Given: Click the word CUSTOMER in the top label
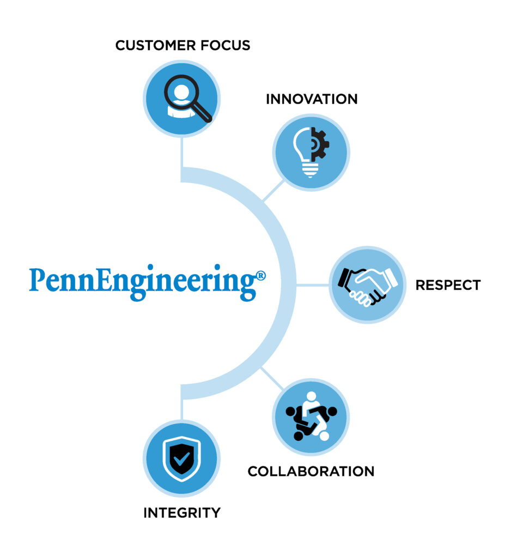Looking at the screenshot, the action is (155, 46).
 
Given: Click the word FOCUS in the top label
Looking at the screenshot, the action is (225, 46).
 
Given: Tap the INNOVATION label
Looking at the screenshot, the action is (312, 99).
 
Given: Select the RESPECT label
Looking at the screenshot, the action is (448, 285).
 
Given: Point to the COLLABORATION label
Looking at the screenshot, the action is (311, 471).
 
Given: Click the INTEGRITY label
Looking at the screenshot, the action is (182, 513).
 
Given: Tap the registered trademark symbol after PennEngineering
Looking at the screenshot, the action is (261, 276).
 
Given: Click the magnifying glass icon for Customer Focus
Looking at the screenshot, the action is (187, 98).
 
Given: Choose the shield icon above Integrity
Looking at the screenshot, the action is (181, 459).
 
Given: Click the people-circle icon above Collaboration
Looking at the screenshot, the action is (311, 416).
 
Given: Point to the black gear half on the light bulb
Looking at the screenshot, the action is (320, 144).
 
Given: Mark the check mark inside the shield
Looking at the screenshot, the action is (181, 458).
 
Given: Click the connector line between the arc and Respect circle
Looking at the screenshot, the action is (313, 284).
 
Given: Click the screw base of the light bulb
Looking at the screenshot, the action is (311, 171).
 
